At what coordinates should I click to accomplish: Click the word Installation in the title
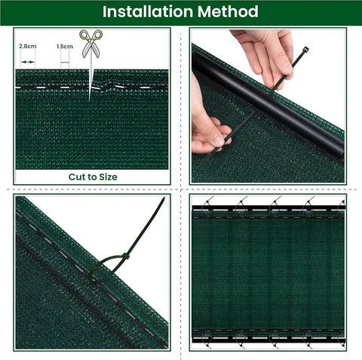[x=148, y=11]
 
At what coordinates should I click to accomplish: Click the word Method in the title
[x=228, y=11]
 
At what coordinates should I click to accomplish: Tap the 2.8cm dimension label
[x=28, y=46]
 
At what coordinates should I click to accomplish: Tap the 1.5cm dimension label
[x=65, y=47]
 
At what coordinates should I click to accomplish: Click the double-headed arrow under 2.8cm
[x=28, y=62]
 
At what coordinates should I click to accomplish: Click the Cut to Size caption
[x=93, y=177]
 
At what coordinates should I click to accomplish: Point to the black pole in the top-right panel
[x=268, y=104]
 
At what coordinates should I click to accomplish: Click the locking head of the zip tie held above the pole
[x=305, y=49]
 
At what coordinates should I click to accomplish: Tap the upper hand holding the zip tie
[x=266, y=54]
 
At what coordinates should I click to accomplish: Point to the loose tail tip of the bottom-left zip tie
[x=164, y=198]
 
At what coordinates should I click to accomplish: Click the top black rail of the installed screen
[x=268, y=208]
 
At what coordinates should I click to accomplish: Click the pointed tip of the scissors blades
[x=90, y=100]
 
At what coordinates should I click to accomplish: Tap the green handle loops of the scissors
[x=91, y=35]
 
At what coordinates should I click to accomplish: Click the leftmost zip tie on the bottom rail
[x=208, y=340]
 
